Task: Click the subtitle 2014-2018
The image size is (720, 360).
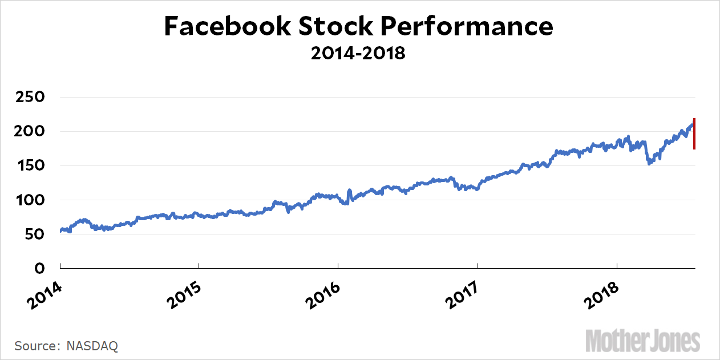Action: point(358,54)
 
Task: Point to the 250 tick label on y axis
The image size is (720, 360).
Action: point(28,97)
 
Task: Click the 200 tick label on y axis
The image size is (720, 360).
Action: point(28,131)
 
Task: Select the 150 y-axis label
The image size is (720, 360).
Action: point(28,165)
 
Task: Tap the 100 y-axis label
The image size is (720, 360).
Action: point(28,200)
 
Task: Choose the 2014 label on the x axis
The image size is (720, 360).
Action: point(43,294)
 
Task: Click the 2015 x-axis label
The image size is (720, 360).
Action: point(182,294)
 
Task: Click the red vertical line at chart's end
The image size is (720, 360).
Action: point(694,134)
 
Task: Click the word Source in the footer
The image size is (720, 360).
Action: point(34,346)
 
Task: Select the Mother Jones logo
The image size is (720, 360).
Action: point(643,341)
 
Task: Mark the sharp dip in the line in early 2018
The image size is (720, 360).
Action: point(649,162)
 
